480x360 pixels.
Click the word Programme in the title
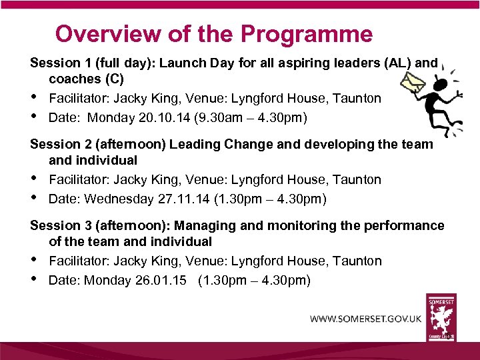pos(307,33)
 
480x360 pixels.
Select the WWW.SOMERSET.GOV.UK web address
pos(365,319)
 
